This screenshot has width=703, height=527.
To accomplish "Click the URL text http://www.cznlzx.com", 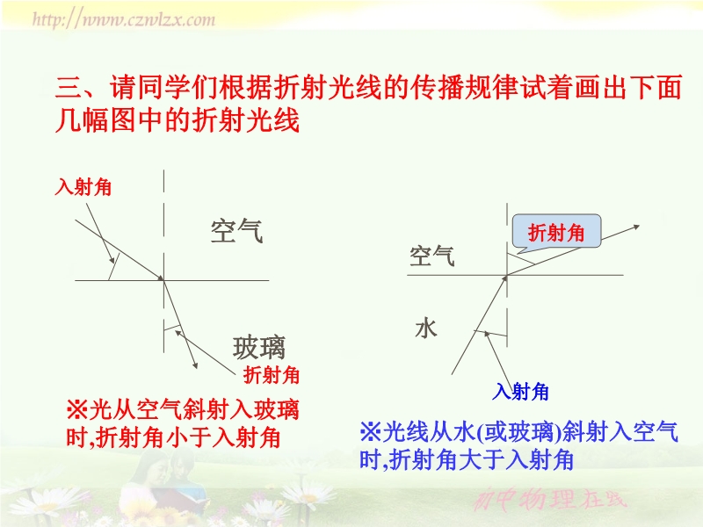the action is (x=124, y=19).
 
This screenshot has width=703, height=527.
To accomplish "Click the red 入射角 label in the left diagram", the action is (x=83, y=187).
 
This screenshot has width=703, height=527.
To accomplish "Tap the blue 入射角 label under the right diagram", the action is (x=520, y=392).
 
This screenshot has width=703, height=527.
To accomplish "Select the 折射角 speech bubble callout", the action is (x=556, y=233).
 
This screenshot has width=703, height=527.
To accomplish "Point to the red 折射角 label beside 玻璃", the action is (x=272, y=375).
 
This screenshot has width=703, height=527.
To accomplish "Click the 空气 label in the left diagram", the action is (x=236, y=231).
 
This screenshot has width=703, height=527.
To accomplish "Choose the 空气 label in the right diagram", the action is (x=431, y=256).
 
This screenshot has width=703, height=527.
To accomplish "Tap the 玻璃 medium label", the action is (x=258, y=348).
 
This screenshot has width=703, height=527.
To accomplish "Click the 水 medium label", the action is (x=426, y=328).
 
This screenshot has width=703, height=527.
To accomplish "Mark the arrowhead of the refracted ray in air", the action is (x=636, y=227).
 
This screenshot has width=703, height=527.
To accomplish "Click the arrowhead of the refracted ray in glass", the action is (x=195, y=365).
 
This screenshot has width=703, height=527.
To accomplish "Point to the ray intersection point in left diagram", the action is (x=163, y=280).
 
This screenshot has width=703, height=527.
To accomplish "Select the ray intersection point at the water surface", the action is (x=507, y=275).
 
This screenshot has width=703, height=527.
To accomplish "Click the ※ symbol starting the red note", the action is (x=77, y=409).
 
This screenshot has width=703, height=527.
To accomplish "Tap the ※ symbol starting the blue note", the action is (x=370, y=432).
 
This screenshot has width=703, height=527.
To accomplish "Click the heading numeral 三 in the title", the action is (x=69, y=87).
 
